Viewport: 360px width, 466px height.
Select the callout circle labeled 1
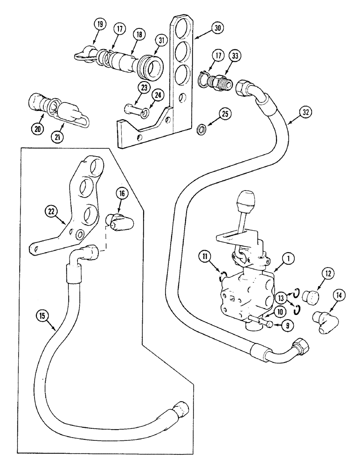click(289, 257)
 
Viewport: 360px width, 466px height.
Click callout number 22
click(51, 211)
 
